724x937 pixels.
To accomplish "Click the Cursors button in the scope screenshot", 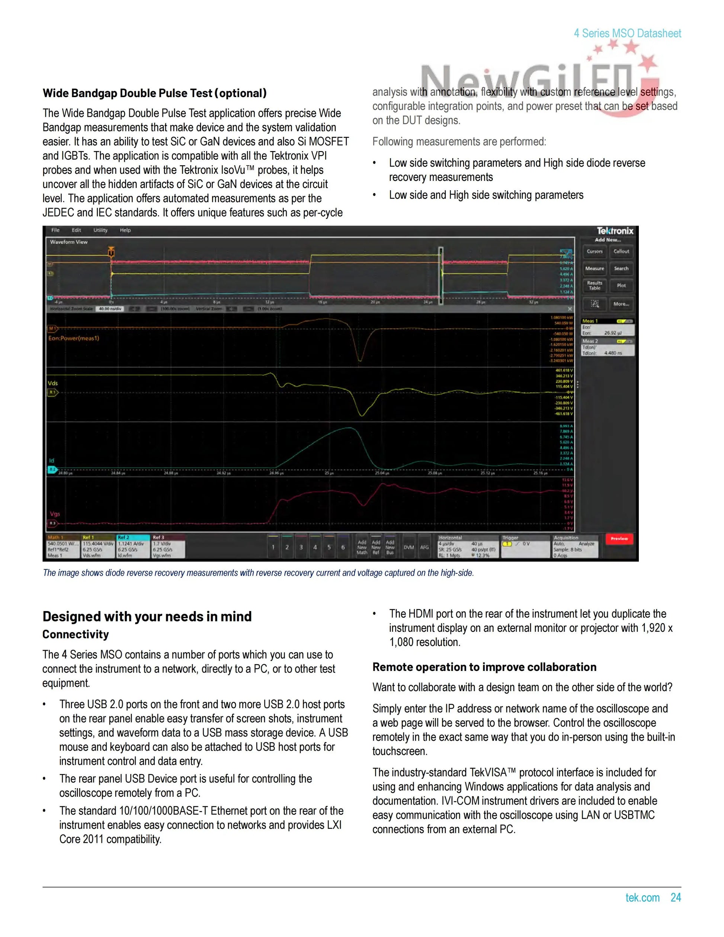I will pyautogui.click(x=595, y=252).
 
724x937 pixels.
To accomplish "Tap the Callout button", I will pyautogui.click(x=621, y=252).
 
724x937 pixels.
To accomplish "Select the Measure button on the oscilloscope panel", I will pyautogui.click(x=595, y=269).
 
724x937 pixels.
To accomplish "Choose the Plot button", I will pyautogui.click(x=621, y=285).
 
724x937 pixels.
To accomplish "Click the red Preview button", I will pyautogui.click(x=619, y=538).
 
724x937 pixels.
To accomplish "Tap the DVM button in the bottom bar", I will pyautogui.click(x=409, y=547).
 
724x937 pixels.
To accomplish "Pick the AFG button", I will pyautogui.click(x=424, y=547).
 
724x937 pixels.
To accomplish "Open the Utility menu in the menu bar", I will pyautogui.click(x=100, y=230).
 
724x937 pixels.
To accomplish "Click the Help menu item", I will pyautogui.click(x=125, y=230).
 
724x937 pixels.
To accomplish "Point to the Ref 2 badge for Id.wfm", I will pyautogui.click(x=133, y=546).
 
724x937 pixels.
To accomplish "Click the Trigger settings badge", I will pyautogui.click(x=525, y=546).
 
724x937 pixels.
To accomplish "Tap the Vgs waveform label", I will pyautogui.click(x=55, y=514).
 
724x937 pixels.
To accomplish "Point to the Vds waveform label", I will pyautogui.click(x=52, y=383).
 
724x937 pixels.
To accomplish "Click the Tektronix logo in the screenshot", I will pyautogui.click(x=615, y=231).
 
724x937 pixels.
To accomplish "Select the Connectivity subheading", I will pyautogui.click(x=76, y=634).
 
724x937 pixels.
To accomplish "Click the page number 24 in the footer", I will pyautogui.click(x=676, y=898).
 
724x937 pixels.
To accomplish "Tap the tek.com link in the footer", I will pyautogui.click(x=643, y=898).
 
